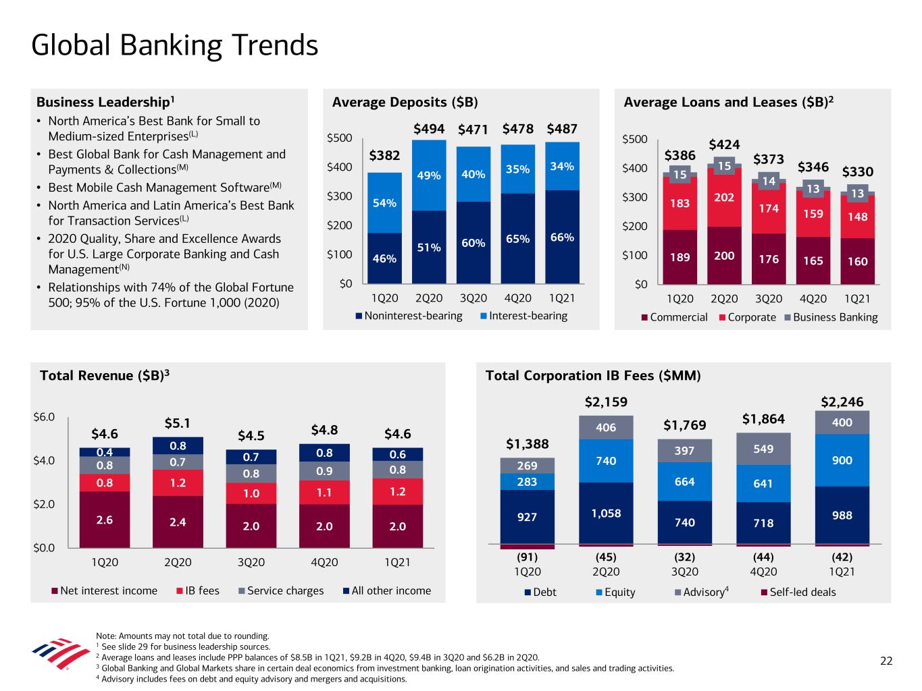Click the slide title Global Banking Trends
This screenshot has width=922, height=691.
(174, 46)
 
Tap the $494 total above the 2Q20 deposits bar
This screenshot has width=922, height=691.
(429, 128)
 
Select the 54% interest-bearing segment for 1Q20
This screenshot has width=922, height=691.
(384, 202)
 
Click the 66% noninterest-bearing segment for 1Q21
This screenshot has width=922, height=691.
(562, 238)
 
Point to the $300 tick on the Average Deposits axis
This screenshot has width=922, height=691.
(339, 196)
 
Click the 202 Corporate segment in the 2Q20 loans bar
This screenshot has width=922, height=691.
(724, 197)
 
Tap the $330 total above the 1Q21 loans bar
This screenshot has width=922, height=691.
(857, 172)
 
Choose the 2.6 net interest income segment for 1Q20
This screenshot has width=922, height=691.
(105, 520)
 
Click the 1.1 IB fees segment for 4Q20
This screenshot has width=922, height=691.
(324, 493)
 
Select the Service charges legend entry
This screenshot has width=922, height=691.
(281, 591)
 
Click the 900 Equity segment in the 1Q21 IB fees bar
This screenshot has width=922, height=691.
(842, 460)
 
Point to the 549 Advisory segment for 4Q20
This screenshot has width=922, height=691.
(763, 449)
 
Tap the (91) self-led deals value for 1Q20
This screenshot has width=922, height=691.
(528, 557)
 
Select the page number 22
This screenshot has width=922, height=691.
(886, 661)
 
